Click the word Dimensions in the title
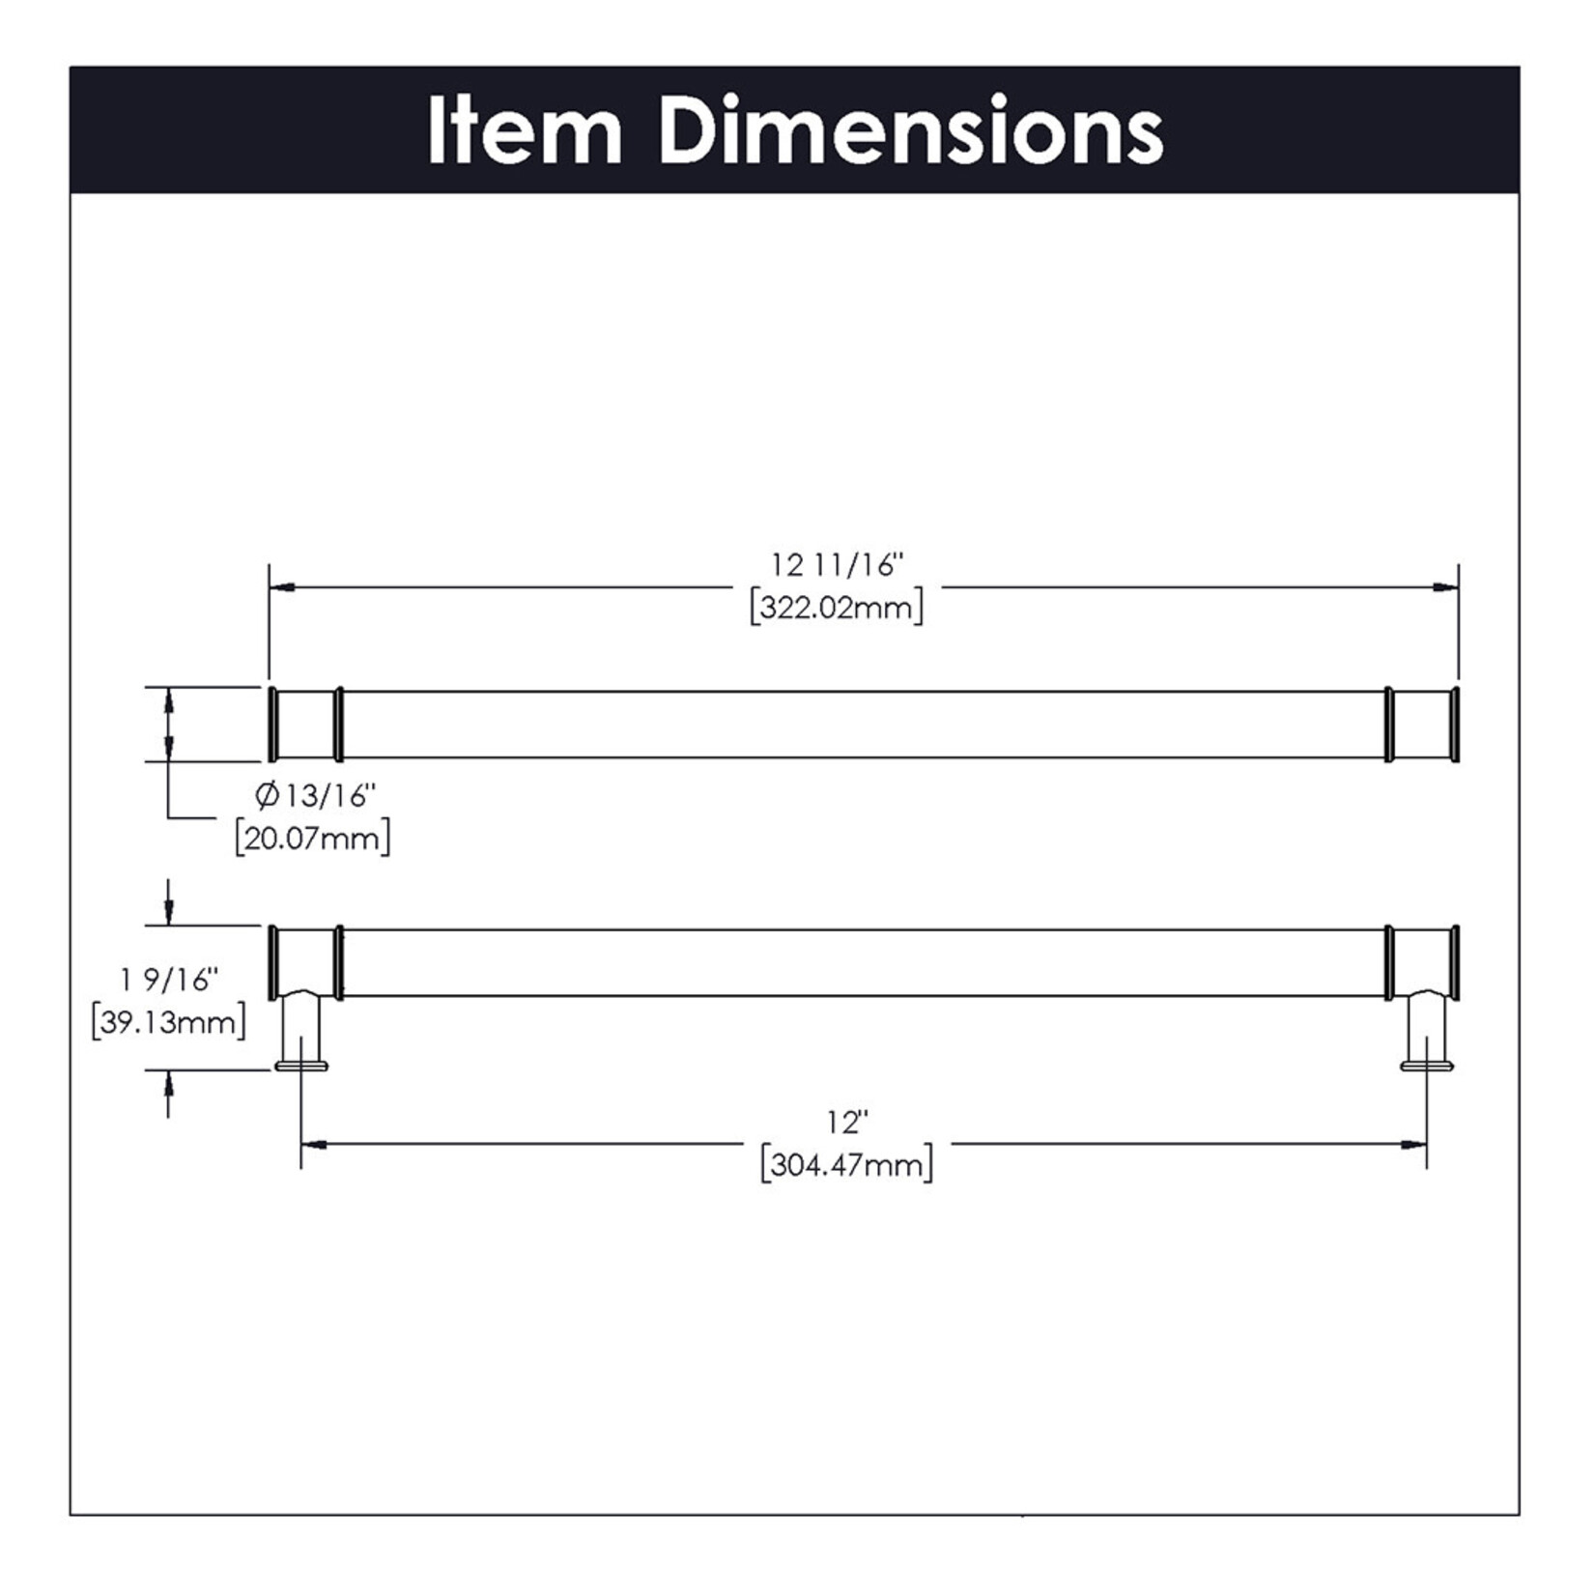[910, 130]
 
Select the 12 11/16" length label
[837, 565]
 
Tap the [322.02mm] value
[837, 608]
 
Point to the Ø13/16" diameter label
[315, 796]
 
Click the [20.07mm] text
[313, 838]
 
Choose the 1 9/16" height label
[169, 980]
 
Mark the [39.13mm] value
[169, 1022]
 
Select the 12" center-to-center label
[847, 1123]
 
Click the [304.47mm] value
[847, 1164]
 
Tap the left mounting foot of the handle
[301, 1065]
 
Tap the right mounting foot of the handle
[1427, 1065]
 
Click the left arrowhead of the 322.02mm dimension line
[281, 586]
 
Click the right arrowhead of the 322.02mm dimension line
[1446, 586]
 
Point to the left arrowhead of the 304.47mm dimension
[313, 1145]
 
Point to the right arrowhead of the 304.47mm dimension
[1414, 1145]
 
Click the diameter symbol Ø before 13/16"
[267, 796]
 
